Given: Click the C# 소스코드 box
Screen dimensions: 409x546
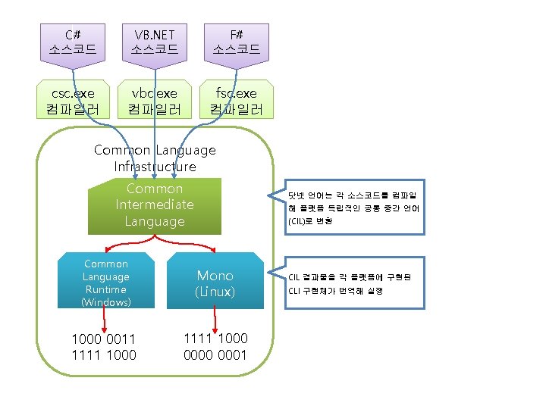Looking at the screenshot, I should (x=73, y=42).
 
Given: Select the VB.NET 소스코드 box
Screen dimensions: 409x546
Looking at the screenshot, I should (x=155, y=42).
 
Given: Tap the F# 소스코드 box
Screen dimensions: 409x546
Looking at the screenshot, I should (x=236, y=42).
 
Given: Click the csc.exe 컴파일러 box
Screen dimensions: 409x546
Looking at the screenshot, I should (x=73, y=100).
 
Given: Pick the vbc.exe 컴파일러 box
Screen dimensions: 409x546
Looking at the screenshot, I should (x=155, y=100).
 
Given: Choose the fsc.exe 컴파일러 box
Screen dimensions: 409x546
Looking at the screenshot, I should (x=236, y=100).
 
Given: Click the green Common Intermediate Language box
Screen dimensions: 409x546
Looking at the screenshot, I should (x=155, y=205).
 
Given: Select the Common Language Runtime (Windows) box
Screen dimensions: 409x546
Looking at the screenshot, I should (x=106, y=283).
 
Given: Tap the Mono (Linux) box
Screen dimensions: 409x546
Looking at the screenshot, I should (x=215, y=283).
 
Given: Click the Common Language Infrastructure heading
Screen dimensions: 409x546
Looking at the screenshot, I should (x=155, y=158).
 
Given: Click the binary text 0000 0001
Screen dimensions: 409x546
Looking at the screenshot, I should (x=215, y=354).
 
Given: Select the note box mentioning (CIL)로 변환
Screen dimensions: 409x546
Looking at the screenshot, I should (x=353, y=207).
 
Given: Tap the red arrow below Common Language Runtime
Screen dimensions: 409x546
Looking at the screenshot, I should (x=104, y=320).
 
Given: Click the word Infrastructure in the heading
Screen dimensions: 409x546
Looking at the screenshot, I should (x=155, y=167).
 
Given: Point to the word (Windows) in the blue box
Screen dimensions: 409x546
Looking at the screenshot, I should (x=106, y=302).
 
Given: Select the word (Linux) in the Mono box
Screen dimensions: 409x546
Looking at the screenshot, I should (x=215, y=292).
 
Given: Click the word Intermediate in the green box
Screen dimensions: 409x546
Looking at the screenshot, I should (x=155, y=204).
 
